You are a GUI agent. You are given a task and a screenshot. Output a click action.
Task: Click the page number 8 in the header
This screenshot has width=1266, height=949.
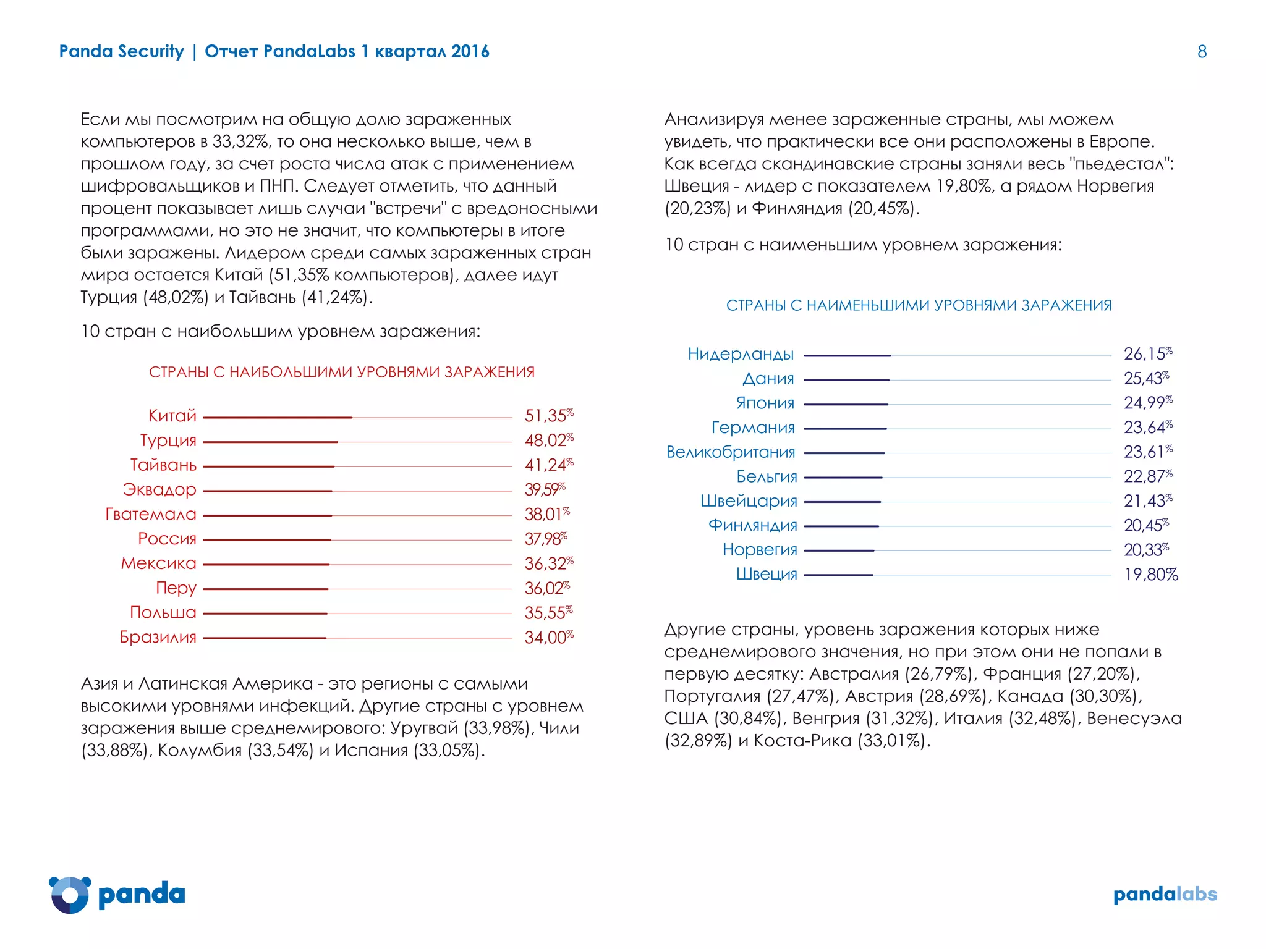coord(1202,52)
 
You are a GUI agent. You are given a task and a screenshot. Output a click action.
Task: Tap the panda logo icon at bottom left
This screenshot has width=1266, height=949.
coord(69,894)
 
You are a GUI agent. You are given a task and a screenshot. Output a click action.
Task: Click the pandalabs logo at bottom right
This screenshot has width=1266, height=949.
coord(1165,894)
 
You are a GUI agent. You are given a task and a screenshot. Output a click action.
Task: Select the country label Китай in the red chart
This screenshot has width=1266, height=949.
coord(172,416)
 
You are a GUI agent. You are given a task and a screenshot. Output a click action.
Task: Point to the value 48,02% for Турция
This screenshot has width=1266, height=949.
coord(548,441)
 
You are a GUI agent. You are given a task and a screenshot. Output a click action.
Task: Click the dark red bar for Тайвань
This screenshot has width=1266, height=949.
coord(269,466)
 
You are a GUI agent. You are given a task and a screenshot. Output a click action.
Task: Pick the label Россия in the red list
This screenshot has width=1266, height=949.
coord(167,539)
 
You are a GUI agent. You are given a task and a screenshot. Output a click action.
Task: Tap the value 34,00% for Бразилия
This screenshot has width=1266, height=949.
coord(548,637)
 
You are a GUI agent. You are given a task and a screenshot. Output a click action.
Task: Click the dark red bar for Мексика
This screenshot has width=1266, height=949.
coord(266,565)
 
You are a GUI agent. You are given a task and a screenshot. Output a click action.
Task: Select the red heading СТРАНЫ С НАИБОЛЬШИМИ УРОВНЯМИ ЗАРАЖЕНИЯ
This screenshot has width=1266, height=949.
coord(341,372)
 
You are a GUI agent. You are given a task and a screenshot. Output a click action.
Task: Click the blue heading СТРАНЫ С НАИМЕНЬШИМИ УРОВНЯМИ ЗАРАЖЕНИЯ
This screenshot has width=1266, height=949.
coord(919,305)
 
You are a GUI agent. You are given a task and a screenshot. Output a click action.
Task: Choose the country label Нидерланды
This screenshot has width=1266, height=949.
coord(741,354)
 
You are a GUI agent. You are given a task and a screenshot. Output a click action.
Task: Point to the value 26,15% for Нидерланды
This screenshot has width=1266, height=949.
coord(1147,354)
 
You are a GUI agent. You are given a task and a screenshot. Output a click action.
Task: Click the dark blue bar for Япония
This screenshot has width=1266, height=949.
coord(846,404)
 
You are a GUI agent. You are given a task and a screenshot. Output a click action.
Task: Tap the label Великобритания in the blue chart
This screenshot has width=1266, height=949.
coord(731,452)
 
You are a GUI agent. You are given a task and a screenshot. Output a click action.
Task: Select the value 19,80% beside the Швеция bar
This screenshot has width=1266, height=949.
coord(1150,575)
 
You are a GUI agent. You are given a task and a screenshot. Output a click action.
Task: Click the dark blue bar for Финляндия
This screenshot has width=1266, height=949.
coord(841,526)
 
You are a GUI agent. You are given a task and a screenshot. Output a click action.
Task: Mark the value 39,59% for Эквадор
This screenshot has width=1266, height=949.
coord(544,489)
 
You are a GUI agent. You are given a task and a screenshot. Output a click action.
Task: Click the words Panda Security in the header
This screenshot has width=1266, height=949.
coord(121,52)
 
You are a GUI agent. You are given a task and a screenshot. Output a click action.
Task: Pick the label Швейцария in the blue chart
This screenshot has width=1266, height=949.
coord(749,501)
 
